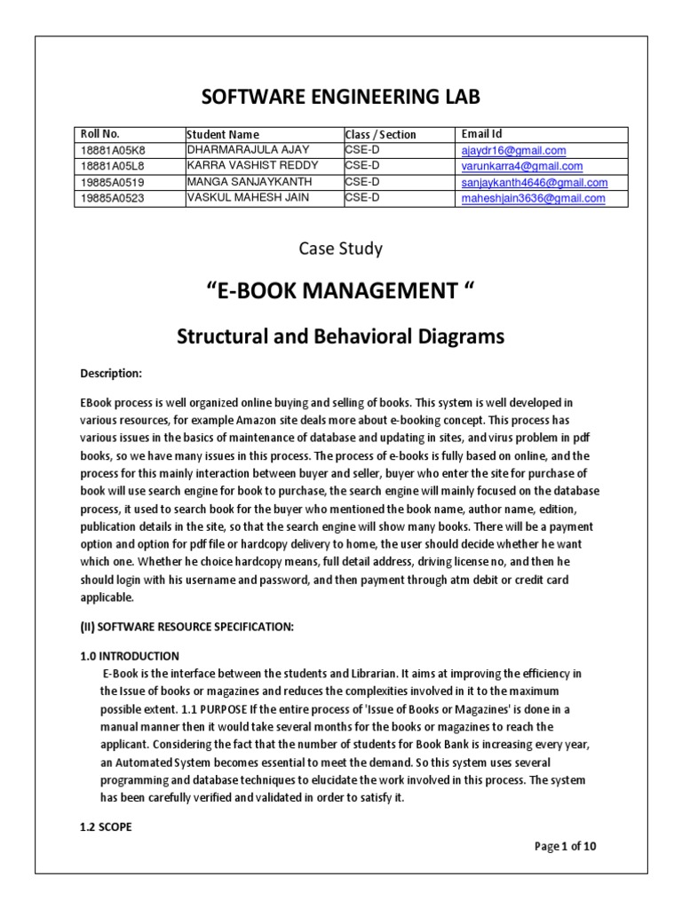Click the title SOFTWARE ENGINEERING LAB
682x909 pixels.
point(341,97)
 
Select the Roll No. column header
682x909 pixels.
point(99,134)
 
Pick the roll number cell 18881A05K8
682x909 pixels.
point(111,151)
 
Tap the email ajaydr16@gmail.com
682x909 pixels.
point(513,151)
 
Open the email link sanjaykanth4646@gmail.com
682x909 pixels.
point(534,183)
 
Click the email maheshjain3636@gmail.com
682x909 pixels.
point(533,199)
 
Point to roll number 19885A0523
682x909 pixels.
point(111,199)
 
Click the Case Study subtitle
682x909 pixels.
point(341,249)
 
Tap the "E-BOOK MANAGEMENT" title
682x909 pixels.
point(341,292)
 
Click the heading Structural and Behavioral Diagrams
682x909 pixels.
point(341,336)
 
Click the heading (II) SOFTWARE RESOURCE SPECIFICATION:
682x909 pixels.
point(186,626)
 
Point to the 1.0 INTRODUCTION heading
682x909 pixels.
point(129,656)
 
